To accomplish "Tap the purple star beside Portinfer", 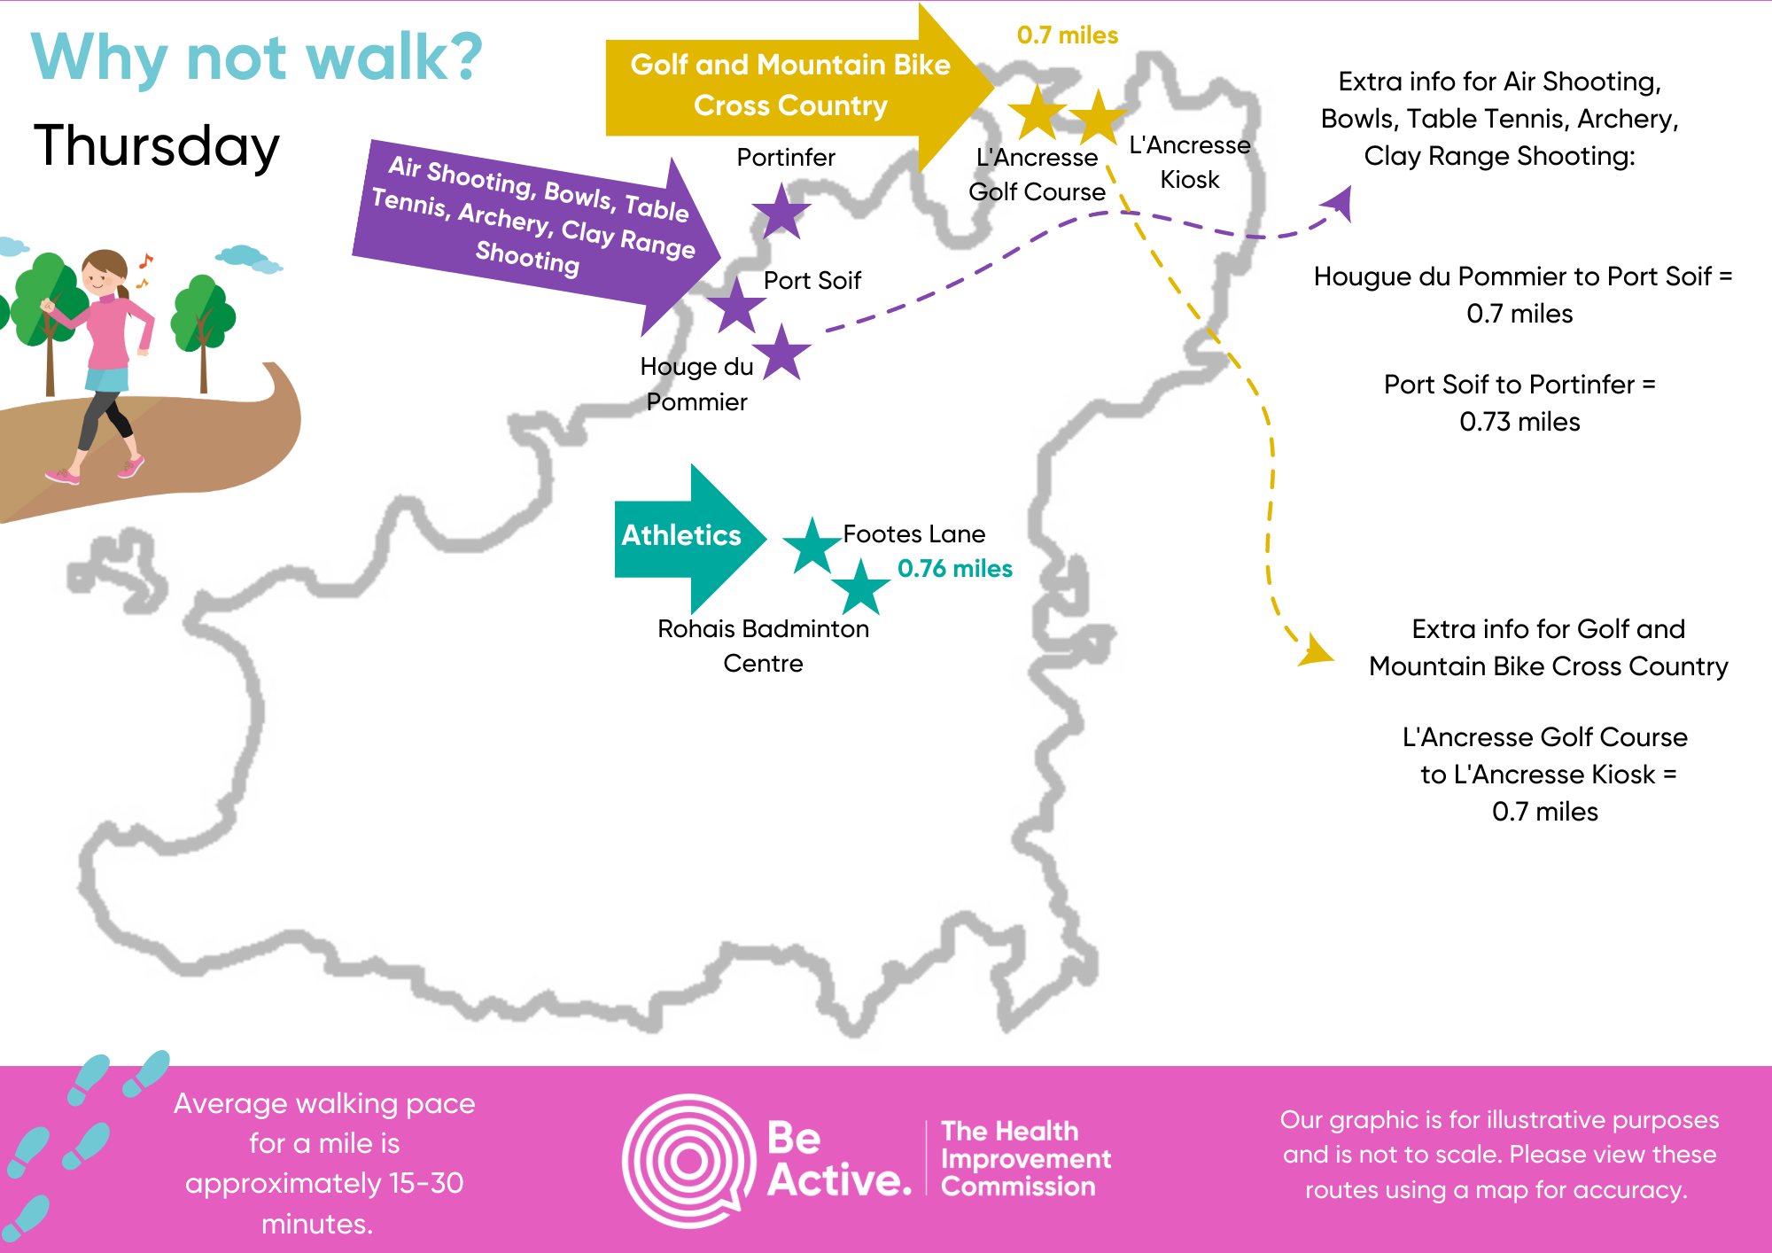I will pos(781,213).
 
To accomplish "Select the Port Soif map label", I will pos(812,281).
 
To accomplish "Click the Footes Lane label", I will pos(913,534).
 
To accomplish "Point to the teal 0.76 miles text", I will pos(954,569).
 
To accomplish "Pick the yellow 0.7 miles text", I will pos(1067,35).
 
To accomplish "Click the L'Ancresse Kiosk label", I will pos(1189,162).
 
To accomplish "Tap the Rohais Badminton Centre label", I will pos(763,646).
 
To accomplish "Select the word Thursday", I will pos(157,146).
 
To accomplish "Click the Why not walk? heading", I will pos(257,58).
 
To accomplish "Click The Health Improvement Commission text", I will pos(1025,1159).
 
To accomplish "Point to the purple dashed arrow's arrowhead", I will pos(1341,203).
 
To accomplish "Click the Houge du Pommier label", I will pos(696,385).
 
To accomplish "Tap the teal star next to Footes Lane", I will pos(812,546).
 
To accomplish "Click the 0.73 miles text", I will pos(1519,422).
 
